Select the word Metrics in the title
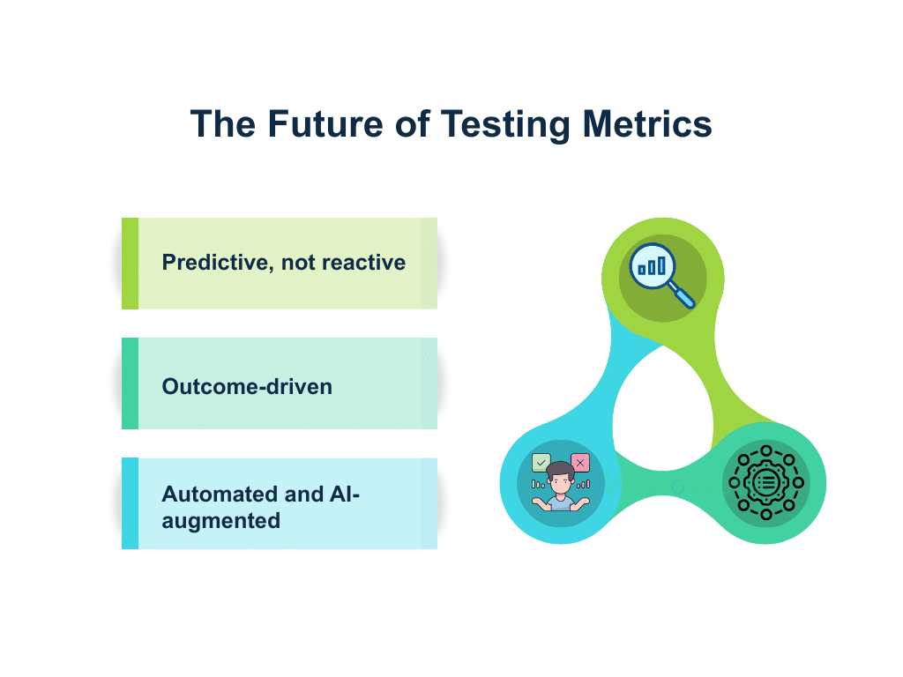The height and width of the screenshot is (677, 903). [x=647, y=124]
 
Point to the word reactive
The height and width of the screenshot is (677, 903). [x=362, y=263]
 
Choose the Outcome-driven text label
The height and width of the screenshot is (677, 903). [x=247, y=386]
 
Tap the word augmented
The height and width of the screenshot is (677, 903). [x=221, y=520]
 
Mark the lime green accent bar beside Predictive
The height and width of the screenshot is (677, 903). [x=130, y=264]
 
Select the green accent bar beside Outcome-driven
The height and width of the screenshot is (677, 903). [x=130, y=383]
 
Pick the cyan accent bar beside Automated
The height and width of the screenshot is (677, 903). [x=130, y=503]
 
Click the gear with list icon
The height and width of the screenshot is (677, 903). [x=765, y=482]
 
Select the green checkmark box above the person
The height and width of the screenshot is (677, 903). [x=541, y=463]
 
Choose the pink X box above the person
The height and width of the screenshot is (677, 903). [x=579, y=463]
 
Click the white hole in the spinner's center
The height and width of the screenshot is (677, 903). [x=662, y=414]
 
